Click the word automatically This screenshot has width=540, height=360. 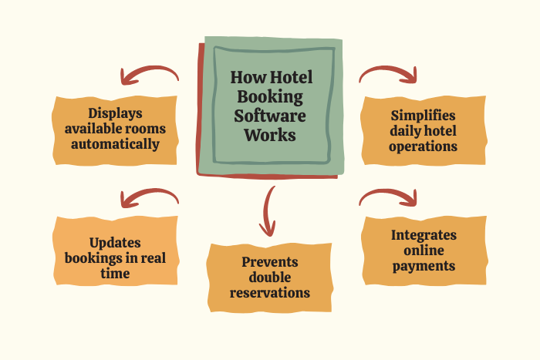click(115, 143)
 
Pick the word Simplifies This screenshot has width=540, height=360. click(424, 115)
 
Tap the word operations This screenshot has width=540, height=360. click(424, 145)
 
